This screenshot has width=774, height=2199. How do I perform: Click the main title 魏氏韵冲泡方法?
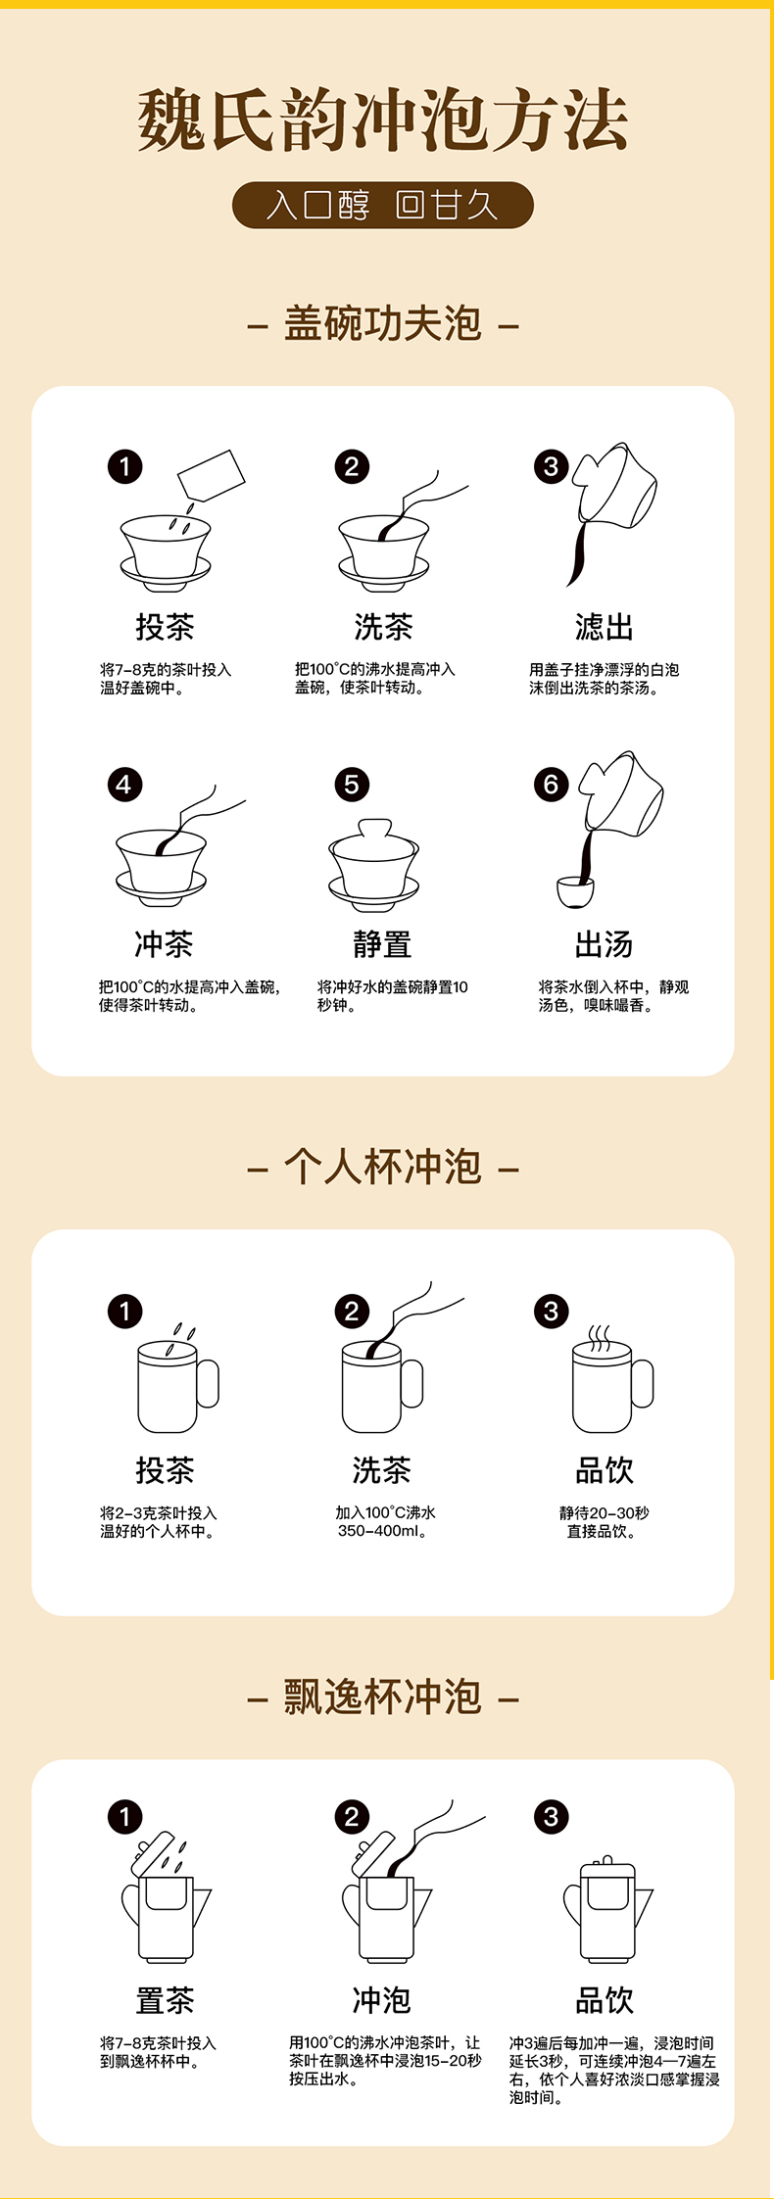[x=382, y=120]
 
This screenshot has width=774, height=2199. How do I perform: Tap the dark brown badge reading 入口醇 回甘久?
[x=383, y=205]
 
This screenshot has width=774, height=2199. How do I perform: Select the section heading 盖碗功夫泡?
[x=383, y=323]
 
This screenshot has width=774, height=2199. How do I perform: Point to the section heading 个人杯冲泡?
[x=383, y=1167]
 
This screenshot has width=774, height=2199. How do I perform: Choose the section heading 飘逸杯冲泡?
[x=383, y=1697]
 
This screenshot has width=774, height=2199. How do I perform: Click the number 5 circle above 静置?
[x=352, y=784]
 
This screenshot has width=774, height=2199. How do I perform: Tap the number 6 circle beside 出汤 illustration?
[x=551, y=784]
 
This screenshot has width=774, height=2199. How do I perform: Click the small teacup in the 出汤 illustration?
[x=575, y=892]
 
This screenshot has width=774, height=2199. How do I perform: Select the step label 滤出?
[x=604, y=627]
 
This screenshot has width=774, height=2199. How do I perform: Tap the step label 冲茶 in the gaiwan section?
[x=164, y=944]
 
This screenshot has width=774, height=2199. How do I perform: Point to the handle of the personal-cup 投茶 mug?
[x=209, y=1384]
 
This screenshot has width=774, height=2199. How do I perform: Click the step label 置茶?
[x=165, y=2000]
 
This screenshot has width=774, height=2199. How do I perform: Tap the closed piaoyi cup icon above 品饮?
[x=607, y=1910]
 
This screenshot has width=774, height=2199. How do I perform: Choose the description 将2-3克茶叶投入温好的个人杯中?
[x=158, y=1522]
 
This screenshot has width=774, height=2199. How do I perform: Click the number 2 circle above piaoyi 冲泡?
[x=352, y=1817]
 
